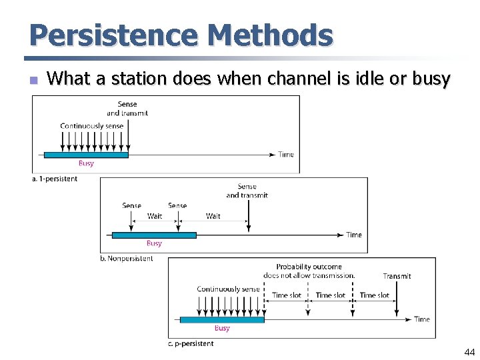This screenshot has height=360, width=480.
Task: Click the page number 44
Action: coord(469,352)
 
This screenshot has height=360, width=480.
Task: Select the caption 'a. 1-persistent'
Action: coord(55,179)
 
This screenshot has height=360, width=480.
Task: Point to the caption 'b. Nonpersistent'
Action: coord(126,259)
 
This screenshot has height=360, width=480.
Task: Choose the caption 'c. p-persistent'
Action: coord(191,344)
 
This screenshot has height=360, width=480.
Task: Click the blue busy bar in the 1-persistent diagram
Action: coord(86,155)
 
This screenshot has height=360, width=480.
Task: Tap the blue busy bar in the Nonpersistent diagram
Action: coord(154,235)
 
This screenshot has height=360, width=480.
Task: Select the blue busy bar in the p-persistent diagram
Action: coord(222,319)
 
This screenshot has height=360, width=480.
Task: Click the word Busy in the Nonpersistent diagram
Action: coord(154,243)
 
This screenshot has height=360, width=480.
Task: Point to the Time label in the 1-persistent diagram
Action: coord(286,155)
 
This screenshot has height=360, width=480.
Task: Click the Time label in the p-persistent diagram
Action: coord(422,319)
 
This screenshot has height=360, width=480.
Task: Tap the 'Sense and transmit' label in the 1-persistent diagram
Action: coord(127,108)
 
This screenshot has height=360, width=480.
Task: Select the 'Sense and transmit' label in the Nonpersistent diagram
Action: coord(247,191)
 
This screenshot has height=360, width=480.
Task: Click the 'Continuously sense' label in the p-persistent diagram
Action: coord(228,289)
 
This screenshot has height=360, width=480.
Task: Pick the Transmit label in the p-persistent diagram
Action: coord(397,276)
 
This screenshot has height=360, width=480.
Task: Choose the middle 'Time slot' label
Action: coord(330,295)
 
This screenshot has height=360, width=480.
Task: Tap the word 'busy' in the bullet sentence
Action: coord(431,79)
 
